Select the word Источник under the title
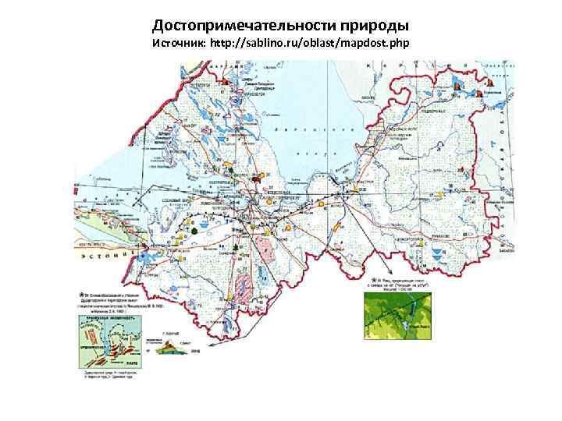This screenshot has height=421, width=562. point(178,42)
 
